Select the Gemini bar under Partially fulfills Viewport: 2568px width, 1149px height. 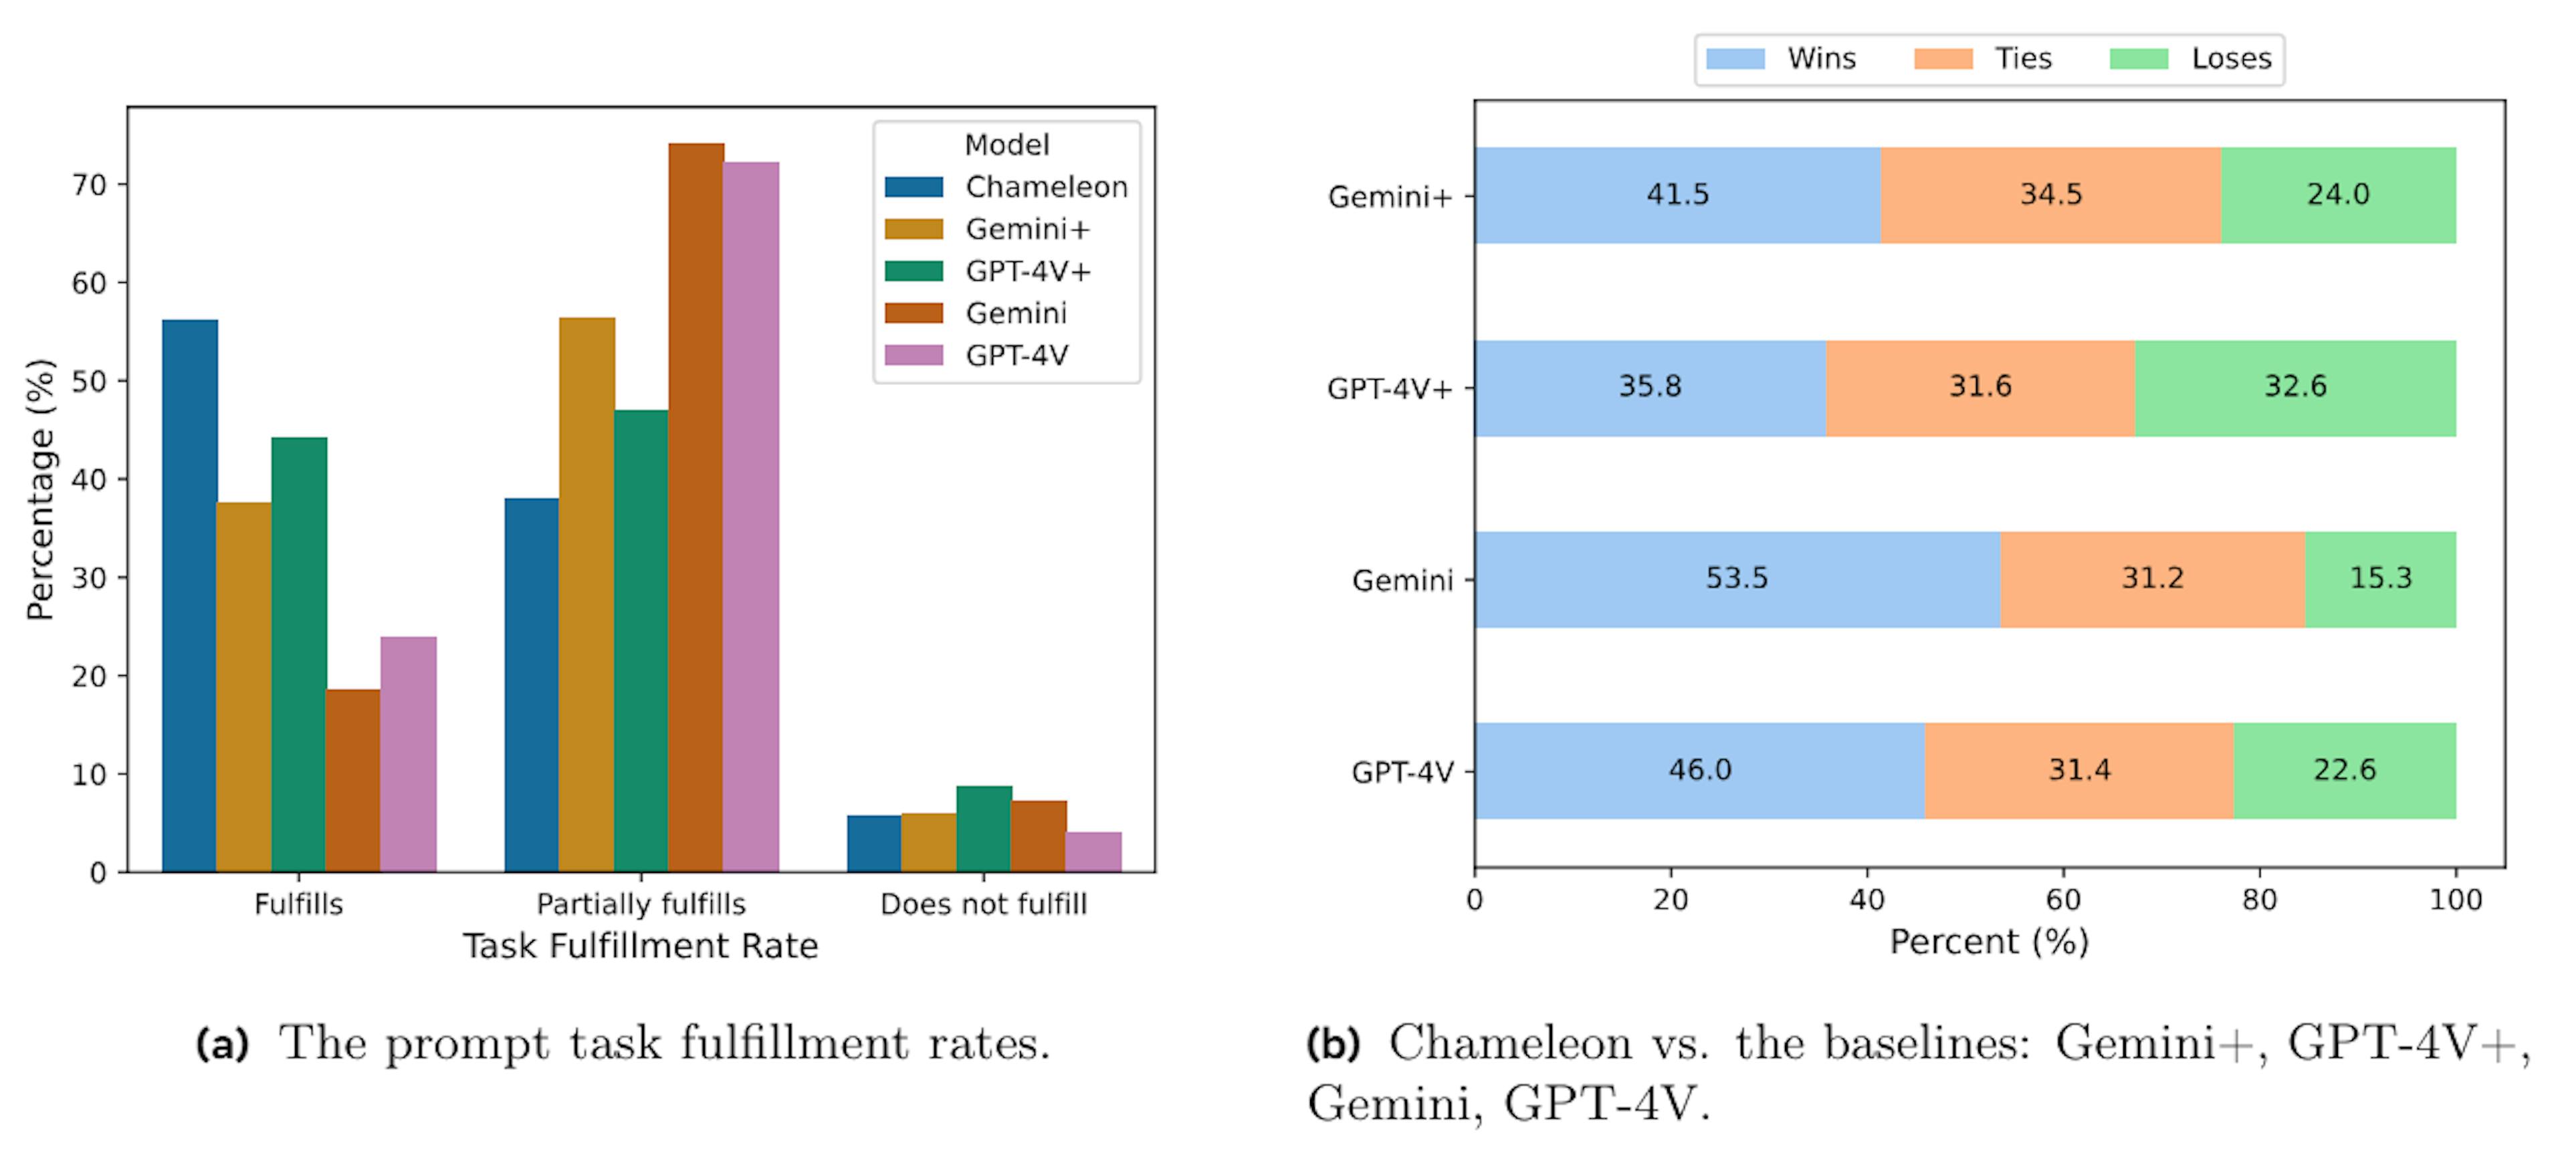click(695, 508)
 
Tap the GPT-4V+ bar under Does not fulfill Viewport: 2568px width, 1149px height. click(984, 829)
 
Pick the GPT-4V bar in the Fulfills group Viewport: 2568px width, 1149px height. click(408, 755)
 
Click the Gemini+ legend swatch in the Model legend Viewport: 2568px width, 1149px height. click(913, 229)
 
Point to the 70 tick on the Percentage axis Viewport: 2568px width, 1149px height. click(89, 184)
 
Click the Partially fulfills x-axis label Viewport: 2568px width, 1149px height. click(640, 904)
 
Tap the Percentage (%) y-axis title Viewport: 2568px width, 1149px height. click(40, 489)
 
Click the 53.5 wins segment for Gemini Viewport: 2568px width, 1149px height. click(1737, 579)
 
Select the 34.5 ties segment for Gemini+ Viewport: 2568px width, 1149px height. click(2050, 195)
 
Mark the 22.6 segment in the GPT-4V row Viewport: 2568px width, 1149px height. click(2345, 770)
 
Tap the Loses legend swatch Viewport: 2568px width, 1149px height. click(2139, 59)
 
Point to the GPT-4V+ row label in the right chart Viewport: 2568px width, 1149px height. click(1390, 388)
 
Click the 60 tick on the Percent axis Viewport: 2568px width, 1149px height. click(2062, 900)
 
